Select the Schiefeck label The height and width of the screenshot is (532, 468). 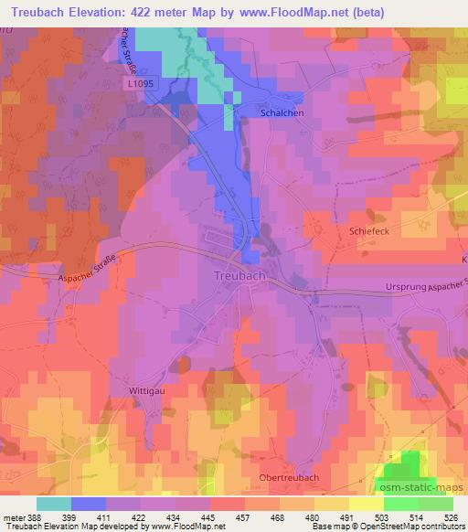(368, 232)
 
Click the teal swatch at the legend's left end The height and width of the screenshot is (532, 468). (53, 503)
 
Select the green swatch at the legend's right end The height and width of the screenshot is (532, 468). (435, 503)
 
